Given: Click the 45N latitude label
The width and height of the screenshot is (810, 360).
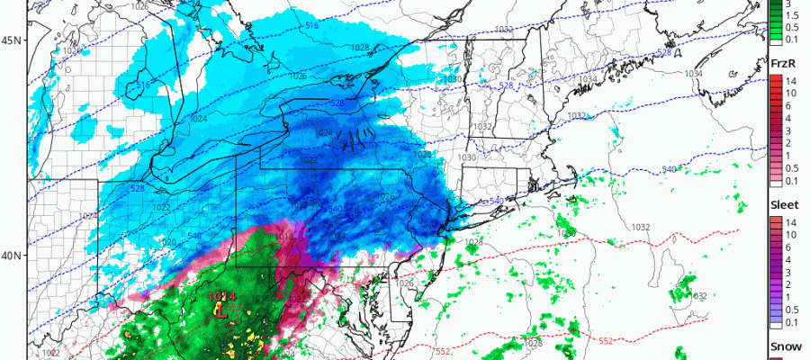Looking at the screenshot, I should pyautogui.click(x=13, y=40).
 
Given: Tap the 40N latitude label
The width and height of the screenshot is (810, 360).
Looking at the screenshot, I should pyautogui.click(x=13, y=256).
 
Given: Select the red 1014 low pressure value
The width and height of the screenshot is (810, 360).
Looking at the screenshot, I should pyautogui.click(x=220, y=296).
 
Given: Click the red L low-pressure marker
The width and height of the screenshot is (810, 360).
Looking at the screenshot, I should pyautogui.click(x=220, y=311).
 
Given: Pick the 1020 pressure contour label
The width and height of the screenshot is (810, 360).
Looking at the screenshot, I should pyautogui.click(x=167, y=242).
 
